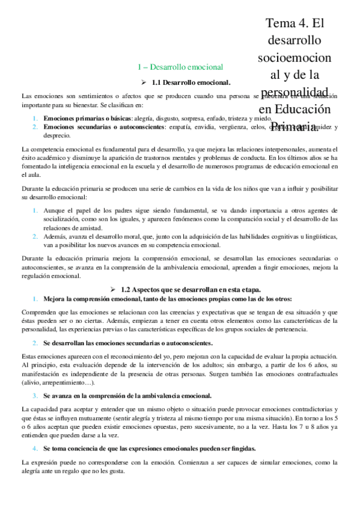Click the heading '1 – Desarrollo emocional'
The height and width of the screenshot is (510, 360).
coord(180,67)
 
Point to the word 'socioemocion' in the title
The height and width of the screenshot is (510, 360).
coord(293,58)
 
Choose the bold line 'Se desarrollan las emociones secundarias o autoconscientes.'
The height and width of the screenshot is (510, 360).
coord(127,342)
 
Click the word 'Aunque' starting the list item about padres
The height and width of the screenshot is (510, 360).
coord(54,210)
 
